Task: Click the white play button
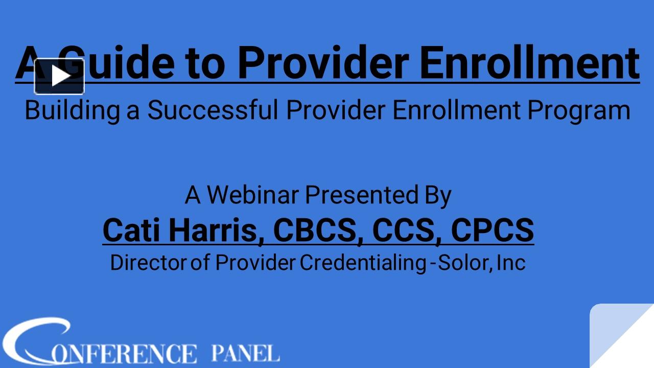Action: [59, 76]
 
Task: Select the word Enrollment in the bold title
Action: [529, 62]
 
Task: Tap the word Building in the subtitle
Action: [72, 110]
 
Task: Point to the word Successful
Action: [213, 110]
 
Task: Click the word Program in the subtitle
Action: [579, 110]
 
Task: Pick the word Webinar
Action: [253, 195]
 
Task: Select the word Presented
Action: [362, 195]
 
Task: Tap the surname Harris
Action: [216, 231]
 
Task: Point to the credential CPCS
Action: [492, 230]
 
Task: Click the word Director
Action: [148, 263]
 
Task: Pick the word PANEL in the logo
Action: [245, 353]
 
